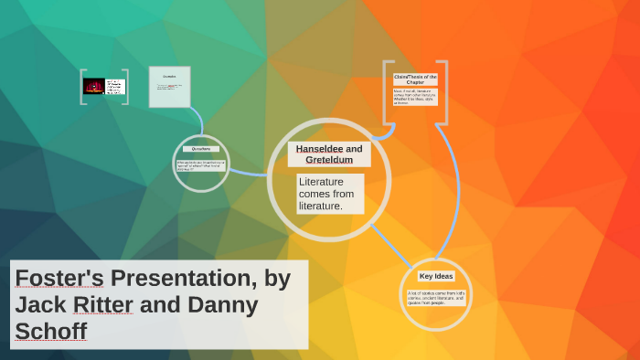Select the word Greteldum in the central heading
[x=328, y=160]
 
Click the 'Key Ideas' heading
[x=436, y=276]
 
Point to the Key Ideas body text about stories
[x=436, y=297]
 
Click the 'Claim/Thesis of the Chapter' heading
[x=415, y=79]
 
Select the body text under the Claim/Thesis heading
[x=415, y=97]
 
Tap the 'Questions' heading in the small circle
[x=201, y=149]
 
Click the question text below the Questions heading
[x=201, y=165]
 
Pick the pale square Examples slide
[x=169, y=87]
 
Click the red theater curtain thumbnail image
[x=93, y=86]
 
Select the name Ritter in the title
[x=100, y=304]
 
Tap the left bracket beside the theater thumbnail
[x=82, y=87]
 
